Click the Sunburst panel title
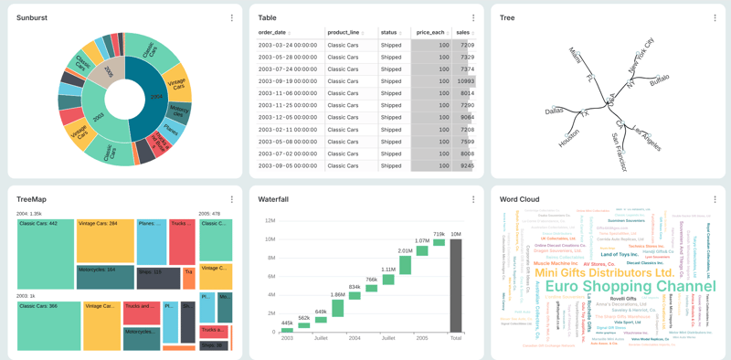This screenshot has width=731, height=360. coord(32,17)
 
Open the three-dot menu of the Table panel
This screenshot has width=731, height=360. coord(473,18)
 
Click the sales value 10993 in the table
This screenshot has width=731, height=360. coord(465,81)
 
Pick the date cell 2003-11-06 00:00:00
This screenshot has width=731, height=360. coord(288,93)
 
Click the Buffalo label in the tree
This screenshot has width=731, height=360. coord(659,81)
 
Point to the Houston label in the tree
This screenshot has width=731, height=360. coord(568,139)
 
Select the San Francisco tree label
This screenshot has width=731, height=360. coord(620,152)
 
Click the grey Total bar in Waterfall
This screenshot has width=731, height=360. coord(455,286)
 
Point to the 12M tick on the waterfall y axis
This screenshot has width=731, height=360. coord(270,221)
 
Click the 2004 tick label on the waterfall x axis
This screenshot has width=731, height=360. coord(355,338)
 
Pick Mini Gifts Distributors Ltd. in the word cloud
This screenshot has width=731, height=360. coord(604,272)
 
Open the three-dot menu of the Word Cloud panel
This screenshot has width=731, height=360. coord(715,199)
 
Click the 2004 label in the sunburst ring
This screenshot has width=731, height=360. coord(156,96)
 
